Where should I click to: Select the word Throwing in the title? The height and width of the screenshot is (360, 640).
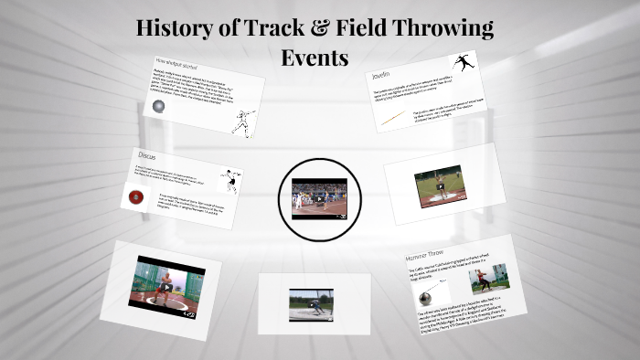[x=444, y=28]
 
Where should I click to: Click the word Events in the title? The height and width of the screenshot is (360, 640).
[x=315, y=58]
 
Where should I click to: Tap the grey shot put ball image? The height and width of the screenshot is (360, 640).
[x=159, y=107]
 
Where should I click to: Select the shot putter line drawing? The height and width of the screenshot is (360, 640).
[x=243, y=122]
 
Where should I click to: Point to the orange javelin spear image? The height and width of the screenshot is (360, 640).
[x=392, y=119]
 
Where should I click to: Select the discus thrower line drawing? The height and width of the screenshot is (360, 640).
[x=231, y=179]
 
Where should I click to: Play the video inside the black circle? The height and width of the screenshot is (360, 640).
[x=320, y=199]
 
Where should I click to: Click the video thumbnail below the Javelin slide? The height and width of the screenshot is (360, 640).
[x=440, y=185]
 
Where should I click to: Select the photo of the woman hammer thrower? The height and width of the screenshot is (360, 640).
[x=488, y=279]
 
